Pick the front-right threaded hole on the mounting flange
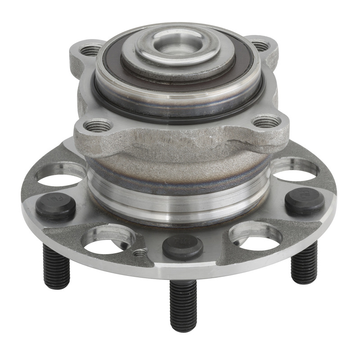click(266, 121)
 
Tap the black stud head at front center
click(182, 246)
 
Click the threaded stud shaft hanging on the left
click(57, 268)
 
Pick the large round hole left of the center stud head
click(108, 238)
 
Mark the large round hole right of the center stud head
click(254, 235)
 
